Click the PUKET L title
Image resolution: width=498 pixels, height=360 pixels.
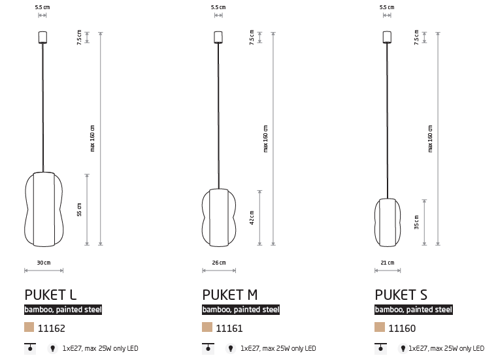50,295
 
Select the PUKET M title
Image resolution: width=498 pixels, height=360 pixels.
229,295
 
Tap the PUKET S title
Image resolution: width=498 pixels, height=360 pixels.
401,295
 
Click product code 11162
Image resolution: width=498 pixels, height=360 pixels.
52,328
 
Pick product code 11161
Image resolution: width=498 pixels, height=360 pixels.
229,328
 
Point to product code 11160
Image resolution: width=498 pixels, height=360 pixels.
402,328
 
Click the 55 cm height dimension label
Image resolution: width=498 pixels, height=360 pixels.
79,210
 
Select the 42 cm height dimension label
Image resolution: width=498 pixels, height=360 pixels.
252,218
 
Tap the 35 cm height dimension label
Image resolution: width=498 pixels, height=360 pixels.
416,222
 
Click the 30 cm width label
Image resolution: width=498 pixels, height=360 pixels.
44,263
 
